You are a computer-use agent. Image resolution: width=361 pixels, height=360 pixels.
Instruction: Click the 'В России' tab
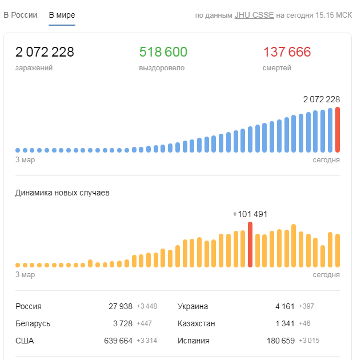pos(21,15)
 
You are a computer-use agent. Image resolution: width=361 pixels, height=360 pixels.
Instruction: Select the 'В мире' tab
pos(62,15)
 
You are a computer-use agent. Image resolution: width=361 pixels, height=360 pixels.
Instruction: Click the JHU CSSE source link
pos(254,15)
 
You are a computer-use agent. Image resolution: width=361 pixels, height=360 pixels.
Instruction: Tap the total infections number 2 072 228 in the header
pos(45,53)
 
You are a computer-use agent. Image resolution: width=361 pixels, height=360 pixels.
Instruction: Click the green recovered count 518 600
pos(163,53)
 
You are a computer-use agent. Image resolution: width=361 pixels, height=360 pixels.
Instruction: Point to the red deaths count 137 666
pos(287,53)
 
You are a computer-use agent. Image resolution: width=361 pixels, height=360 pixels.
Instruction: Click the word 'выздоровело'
pos(162,68)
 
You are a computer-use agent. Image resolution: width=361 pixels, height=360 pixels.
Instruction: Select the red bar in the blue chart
pos(338,130)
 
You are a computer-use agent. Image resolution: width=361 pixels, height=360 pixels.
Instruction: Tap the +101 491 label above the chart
pos(250,214)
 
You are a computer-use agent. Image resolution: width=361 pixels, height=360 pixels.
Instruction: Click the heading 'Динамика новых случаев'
pos(62,193)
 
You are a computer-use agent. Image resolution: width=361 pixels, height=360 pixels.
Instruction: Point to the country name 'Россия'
pos(29,306)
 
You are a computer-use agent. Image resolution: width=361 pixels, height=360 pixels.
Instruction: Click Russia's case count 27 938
pos(121,306)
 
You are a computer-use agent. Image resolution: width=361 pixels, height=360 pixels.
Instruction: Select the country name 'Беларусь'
pos(33,323)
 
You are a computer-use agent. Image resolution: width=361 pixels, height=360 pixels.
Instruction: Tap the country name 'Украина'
pos(192,306)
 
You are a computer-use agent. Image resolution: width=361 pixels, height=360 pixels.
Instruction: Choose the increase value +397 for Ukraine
pos(306,306)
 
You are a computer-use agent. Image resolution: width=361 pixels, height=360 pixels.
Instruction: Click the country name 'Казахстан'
pos(196,323)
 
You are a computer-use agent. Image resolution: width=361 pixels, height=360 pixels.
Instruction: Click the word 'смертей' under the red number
pos(277,68)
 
